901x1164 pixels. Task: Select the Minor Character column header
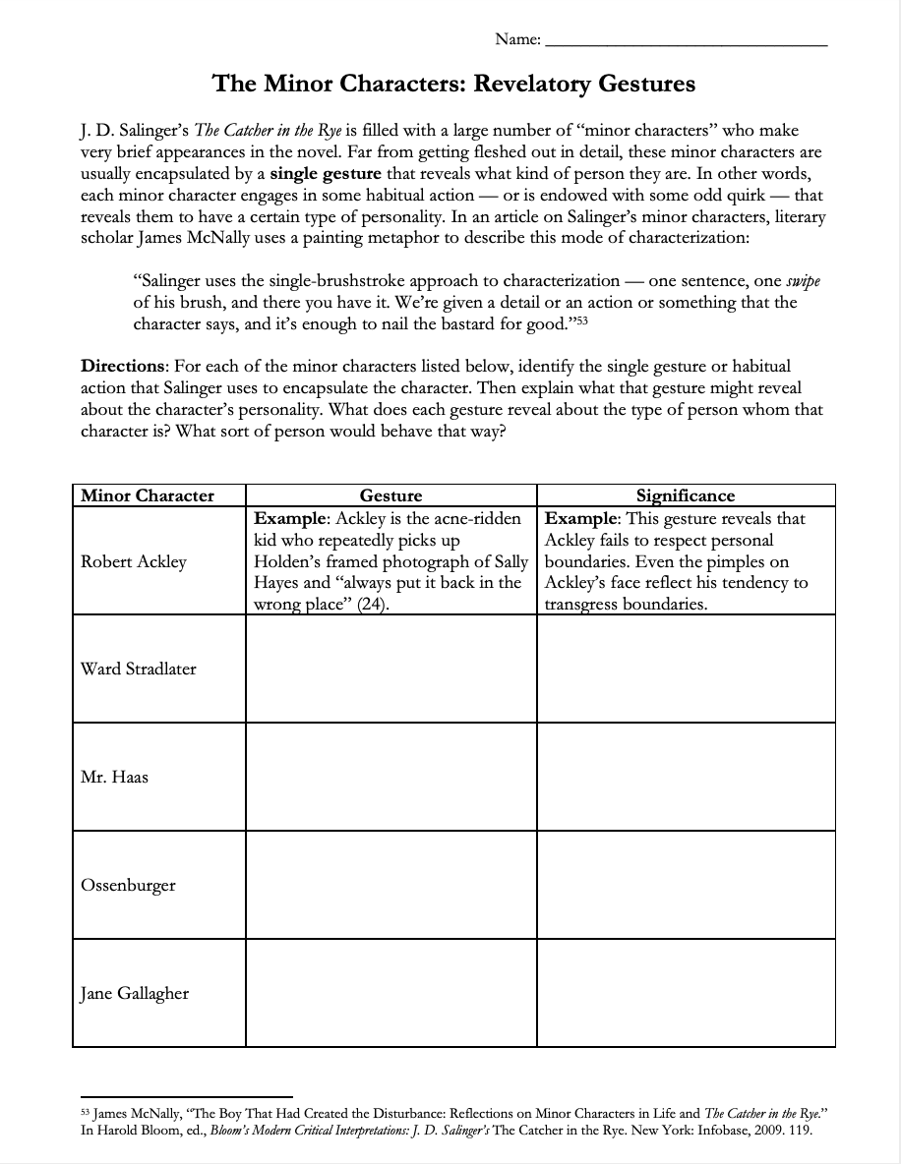point(148,495)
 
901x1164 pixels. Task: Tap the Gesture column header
point(390,495)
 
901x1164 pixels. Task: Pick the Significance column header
point(685,495)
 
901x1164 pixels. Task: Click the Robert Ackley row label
point(133,561)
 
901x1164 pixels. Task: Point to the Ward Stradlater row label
point(139,669)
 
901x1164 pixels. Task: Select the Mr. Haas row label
point(114,777)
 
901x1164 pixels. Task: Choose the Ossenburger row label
point(128,885)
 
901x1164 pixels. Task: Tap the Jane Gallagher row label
point(135,993)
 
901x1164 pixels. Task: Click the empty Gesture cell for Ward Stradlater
point(390,669)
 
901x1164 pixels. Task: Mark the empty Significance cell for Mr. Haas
point(685,777)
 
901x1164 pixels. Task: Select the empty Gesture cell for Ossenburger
point(390,885)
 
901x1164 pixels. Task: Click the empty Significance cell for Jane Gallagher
point(685,993)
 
